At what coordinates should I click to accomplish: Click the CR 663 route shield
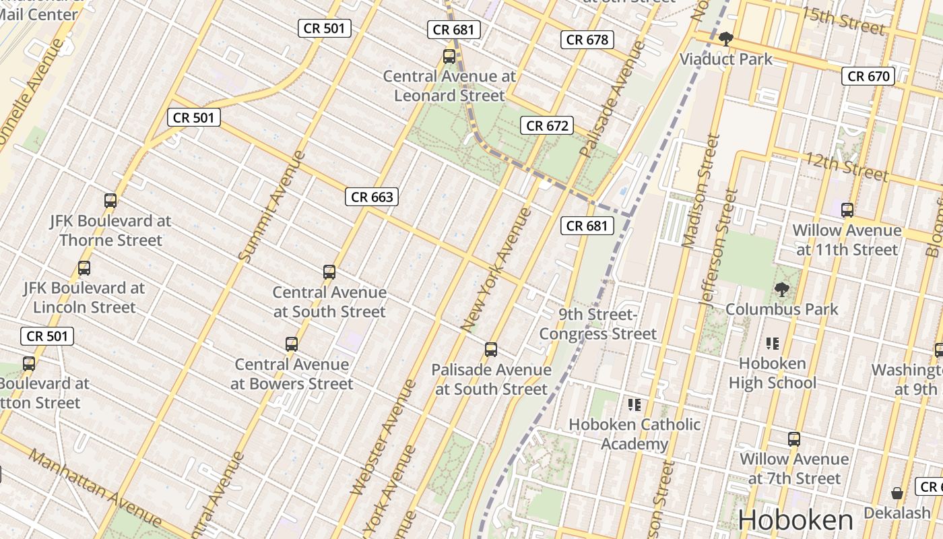click(372, 197)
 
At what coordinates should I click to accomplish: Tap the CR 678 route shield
click(587, 40)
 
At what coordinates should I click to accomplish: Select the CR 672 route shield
click(547, 125)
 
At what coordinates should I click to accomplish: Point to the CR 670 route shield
click(868, 76)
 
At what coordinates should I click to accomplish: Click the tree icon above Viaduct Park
click(725, 39)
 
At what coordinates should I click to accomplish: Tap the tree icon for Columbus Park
click(781, 290)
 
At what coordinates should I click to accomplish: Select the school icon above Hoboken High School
click(772, 344)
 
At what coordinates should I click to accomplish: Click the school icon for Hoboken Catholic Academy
click(634, 405)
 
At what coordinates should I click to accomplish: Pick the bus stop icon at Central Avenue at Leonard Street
click(449, 57)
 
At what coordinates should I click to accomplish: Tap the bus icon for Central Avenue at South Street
click(329, 272)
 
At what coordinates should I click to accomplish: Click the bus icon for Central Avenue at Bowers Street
click(292, 344)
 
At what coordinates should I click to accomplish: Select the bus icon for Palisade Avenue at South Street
click(491, 350)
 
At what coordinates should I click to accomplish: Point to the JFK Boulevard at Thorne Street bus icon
click(110, 201)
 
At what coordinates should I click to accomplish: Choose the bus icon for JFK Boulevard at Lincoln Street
click(84, 268)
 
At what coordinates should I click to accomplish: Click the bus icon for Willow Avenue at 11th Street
click(847, 210)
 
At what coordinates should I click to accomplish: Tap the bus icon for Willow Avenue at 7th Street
click(794, 439)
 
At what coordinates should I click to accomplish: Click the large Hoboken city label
click(795, 520)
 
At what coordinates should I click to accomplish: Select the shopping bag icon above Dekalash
click(897, 494)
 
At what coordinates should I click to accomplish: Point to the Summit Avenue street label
click(272, 206)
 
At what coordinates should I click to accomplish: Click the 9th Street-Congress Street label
click(597, 324)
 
